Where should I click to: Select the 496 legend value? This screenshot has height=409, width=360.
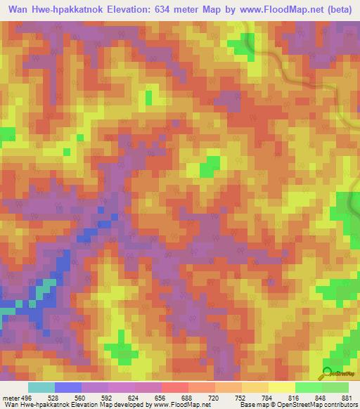pyautogui.click(x=26, y=398)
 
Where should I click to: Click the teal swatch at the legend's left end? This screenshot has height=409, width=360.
pyautogui.click(x=41, y=387)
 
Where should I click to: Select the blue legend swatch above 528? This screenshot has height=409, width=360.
pyautogui.click(x=67, y=387)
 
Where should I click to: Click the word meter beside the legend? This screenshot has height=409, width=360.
pyautogui.click(x=9, y=398)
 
